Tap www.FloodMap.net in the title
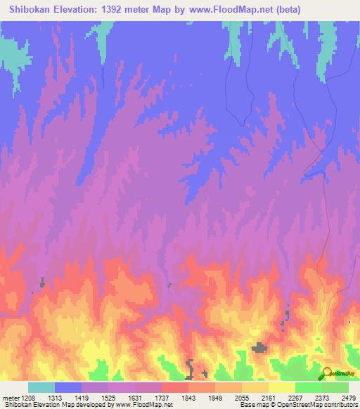coord(232,9)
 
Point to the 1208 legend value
coord(27,397)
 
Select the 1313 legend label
coord(54,397)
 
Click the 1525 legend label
coord(108,397)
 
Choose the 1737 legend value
coord(161,397)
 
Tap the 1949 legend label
coord(214,397)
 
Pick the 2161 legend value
coord(268,397)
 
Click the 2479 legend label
coord(348,397)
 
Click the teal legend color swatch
coord(41,387)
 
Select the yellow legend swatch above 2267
coord(281,387)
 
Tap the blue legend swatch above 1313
coord(68,387)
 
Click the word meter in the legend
coord(9,397)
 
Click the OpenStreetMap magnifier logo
coord(328,373)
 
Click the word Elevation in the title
coord(77,9)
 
